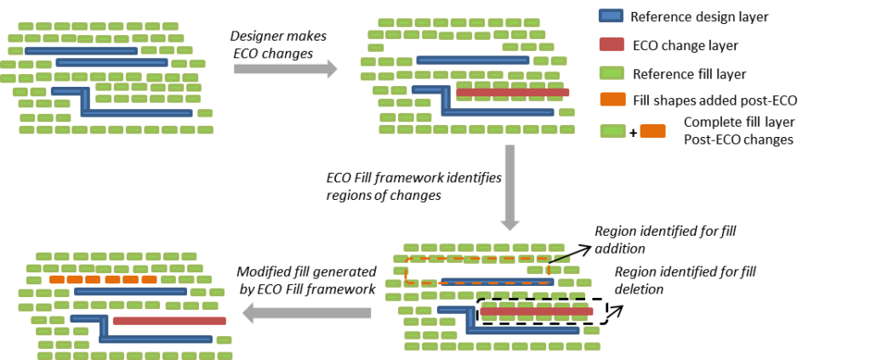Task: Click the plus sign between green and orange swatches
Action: tap(633, 133)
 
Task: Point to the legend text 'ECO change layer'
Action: tap(686, 46)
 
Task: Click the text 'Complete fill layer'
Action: tap(739, 122)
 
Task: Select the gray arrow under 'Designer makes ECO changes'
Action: tap(285, 69)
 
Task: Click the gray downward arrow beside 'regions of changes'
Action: tap(510, 188)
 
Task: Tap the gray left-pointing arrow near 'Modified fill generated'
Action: tap(307, 313)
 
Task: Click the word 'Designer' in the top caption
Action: tap(256, 36)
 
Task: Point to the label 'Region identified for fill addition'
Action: tap(665, 239)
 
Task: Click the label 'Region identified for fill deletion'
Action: tap(686, 281)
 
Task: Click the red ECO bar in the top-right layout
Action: tap(512, 92)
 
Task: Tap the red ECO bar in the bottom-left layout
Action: tap(169, 321)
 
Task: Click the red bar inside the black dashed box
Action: tap(537, 311)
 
